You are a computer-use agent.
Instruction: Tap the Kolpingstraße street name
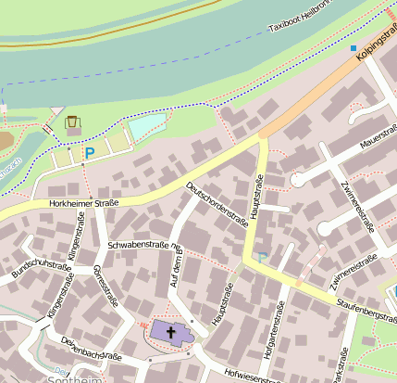377,44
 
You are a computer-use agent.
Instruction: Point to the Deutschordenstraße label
217,204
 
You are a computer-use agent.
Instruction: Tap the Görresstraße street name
105,285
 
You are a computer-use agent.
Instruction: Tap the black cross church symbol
171,332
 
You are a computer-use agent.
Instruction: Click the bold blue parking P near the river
90,153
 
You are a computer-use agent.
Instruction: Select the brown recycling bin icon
72,121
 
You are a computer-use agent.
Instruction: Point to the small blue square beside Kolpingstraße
353,47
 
